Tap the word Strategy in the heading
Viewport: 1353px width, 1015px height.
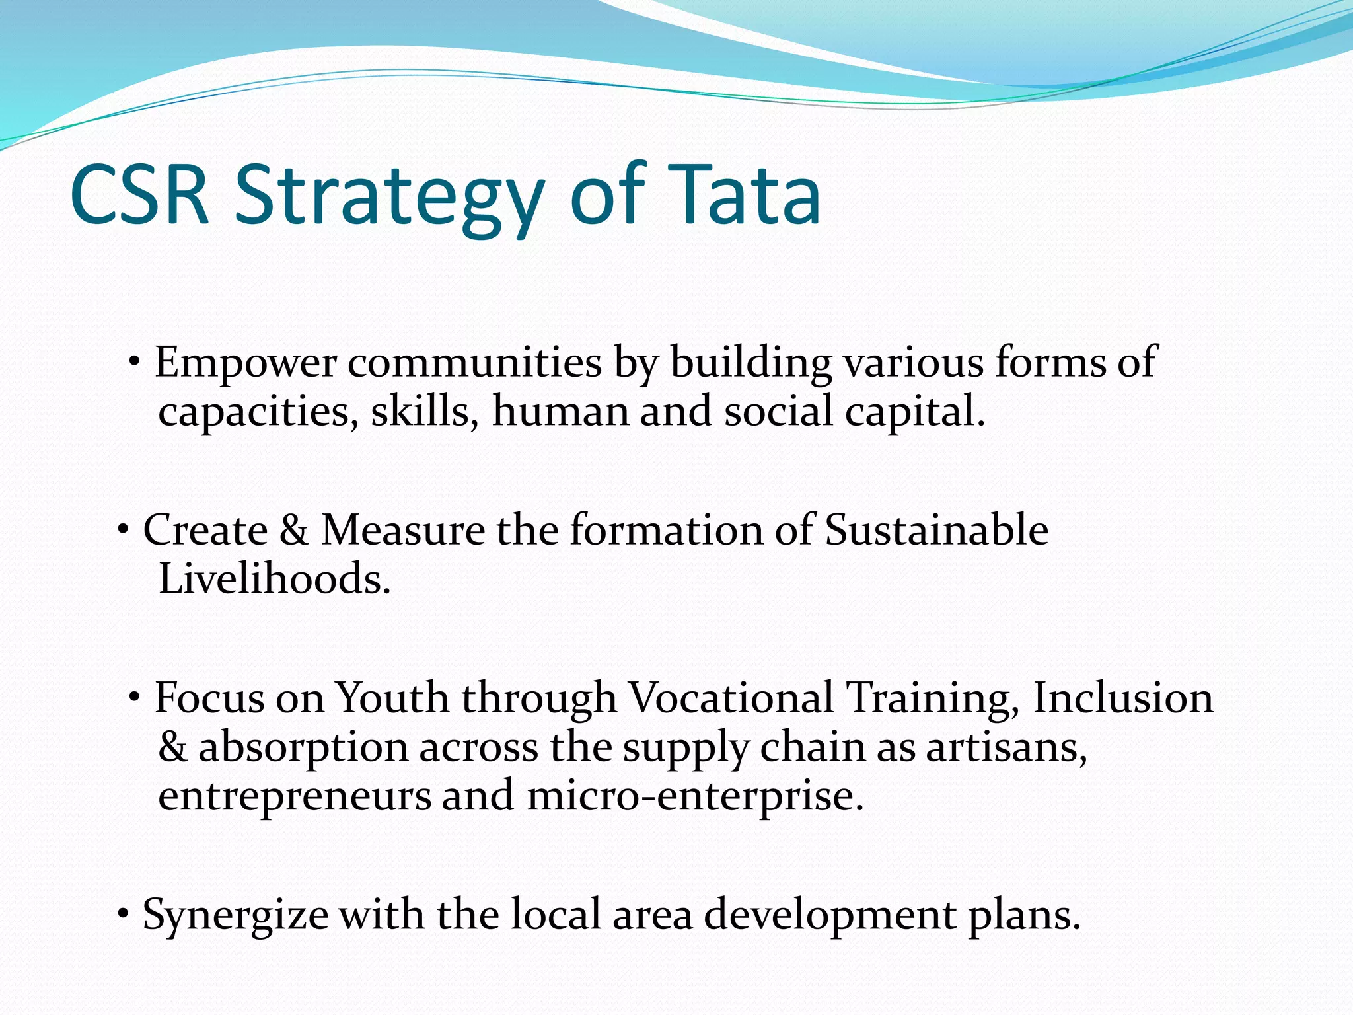point(389,198)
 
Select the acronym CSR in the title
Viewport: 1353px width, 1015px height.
point(139,196)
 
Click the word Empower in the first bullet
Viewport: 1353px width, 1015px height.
point(246,363)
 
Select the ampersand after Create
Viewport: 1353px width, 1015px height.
point(294,530)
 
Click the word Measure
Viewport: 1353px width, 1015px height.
point(403,530)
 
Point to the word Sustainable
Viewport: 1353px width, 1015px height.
point(936,530)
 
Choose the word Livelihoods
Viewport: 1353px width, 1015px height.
point(275,579)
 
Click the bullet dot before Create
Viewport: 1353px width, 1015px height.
point(123,529)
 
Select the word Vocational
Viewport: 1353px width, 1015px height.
point(731,698)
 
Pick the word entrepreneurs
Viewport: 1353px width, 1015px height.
point(295,796)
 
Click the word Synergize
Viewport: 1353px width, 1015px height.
point(235,916)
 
